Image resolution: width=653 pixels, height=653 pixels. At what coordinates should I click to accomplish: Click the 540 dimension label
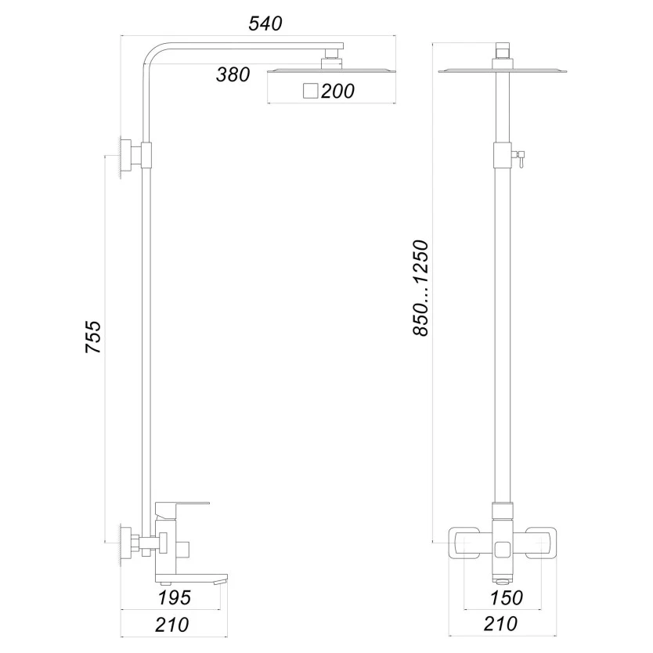265,23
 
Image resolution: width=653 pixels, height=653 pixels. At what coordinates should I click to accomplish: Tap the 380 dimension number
233,74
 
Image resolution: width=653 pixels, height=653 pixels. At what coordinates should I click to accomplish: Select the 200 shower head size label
337,91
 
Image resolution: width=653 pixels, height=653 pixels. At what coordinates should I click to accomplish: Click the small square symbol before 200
311,91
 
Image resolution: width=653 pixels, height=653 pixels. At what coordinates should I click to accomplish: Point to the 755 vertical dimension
93,337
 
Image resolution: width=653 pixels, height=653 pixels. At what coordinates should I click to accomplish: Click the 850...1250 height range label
420,288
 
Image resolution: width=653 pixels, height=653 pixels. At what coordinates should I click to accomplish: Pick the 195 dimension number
175,597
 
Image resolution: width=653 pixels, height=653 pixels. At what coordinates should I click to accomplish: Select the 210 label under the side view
172,625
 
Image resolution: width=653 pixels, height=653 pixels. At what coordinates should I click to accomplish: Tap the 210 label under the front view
500,624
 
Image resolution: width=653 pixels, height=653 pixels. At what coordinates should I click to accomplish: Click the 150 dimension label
506,598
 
